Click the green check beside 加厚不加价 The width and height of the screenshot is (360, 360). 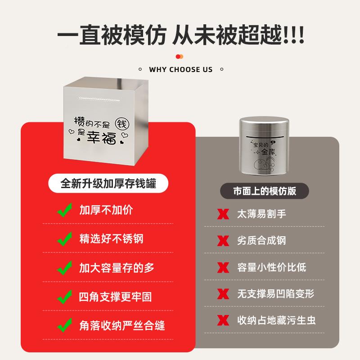pos(65,210)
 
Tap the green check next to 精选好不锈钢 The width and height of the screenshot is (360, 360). pos(65,238)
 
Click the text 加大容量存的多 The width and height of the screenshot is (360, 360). pos(117,268)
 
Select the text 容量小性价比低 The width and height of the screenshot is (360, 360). pos(272,267)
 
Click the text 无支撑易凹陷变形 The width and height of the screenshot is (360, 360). pos(275,294)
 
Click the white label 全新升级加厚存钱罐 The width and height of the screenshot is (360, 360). pos(108,184)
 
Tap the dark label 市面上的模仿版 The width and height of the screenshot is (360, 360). pos(265,190)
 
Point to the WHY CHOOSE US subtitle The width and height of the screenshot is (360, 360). pos(180,69)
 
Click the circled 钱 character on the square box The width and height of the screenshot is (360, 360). pos(122,123)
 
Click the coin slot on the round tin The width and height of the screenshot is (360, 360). pos(264,135)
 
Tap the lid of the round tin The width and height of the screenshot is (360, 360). pos(265,123)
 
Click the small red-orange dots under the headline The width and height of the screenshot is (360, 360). pos(180,56)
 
